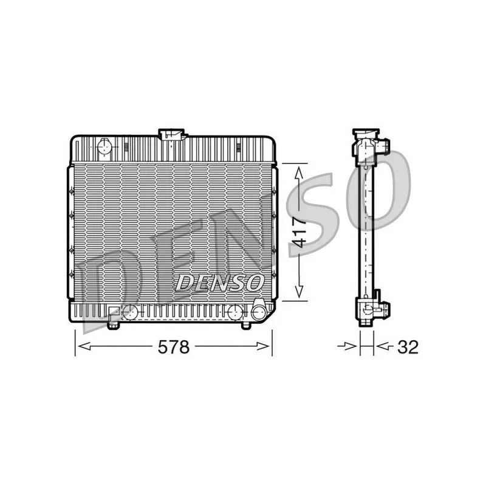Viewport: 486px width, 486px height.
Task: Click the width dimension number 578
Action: [174, 347]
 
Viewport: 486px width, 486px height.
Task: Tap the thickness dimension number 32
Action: [408, 347]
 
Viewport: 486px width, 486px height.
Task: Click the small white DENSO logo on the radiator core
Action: [219, 282]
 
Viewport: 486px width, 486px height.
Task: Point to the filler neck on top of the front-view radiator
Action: [172, 135]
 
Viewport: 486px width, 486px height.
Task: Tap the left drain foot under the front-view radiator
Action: [113, 325]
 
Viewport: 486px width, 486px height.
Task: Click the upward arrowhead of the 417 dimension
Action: [299, 173]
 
